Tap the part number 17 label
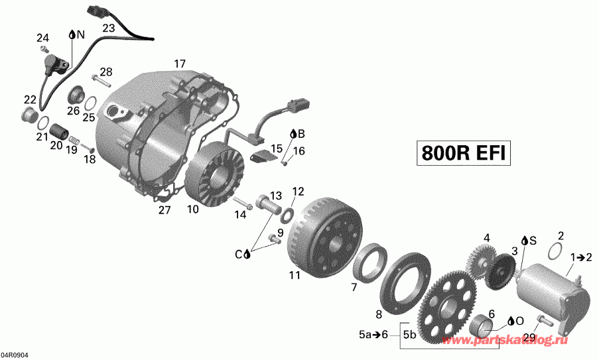tap(180, 64)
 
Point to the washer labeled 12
tap(288, 213)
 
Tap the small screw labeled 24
tap(43, 49)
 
